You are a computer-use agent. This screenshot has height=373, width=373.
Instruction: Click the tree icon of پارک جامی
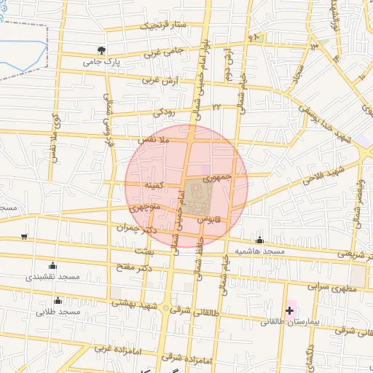point(101,50)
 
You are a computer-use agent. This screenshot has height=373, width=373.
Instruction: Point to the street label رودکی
point(163,112)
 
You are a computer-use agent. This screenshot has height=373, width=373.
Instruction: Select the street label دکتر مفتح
point(136,269)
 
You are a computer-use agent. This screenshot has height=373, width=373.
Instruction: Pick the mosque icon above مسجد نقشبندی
point(52,265)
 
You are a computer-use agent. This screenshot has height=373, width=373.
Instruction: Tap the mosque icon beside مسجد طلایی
point(58,301)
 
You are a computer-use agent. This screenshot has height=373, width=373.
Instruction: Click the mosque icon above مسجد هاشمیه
point(259,240)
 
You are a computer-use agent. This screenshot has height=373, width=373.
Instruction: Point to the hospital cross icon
point(289,310)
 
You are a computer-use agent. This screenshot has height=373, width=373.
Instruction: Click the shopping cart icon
point(25,236)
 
